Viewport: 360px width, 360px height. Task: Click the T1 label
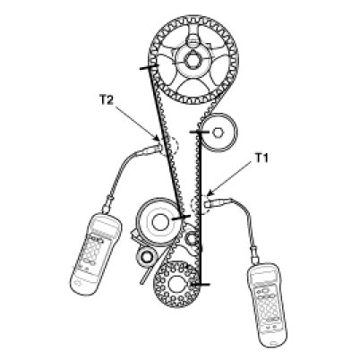pyautogui.click(x=261, y=159)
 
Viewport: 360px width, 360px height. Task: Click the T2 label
pyautogui.click(x=107, y=100)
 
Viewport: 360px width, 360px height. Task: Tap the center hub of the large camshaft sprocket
pyautogui.click(x=192, y=60)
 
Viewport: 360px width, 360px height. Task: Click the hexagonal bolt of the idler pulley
pyautogui.click(x=218, y=133)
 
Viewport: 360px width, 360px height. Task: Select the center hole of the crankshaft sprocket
pyautogui.click(x=176, y=284)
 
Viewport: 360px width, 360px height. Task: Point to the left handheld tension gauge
pyautogui.click(x=96, y=251)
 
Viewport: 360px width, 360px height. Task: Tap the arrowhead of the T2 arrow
pyautogui.click(x=157, y=138)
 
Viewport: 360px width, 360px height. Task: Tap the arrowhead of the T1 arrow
pyautogui.click(x=210, y=193)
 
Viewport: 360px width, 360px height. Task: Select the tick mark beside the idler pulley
pyautogui.click(x=200, y=132)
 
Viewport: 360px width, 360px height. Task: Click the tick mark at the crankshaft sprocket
pyautogui.click(x=201, y=284)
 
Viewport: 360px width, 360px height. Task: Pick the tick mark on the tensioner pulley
pyautogui.click(x=181, y=218)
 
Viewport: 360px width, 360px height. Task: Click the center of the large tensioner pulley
pyautogui.click(x=159, y=221)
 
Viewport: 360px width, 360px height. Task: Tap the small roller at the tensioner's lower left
pyautogui.click(x=147, y=256)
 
